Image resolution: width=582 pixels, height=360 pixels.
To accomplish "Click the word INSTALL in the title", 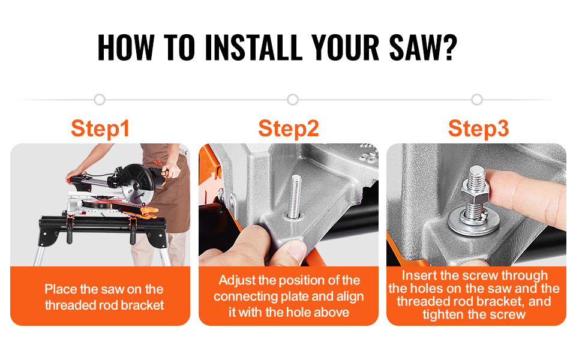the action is (254, 47).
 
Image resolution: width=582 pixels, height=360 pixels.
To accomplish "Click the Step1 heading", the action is (100, 129).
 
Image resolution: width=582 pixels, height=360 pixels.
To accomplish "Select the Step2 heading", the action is (289, 129).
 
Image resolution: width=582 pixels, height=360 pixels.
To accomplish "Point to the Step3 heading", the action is (478, 129).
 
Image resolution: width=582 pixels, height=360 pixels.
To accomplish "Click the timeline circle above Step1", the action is (100, 100).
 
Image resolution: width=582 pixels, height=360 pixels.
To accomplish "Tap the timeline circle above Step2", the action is (292, 100).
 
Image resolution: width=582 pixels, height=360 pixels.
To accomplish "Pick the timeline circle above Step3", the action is (477, 100).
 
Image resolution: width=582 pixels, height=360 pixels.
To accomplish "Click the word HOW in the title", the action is (125, 47).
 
